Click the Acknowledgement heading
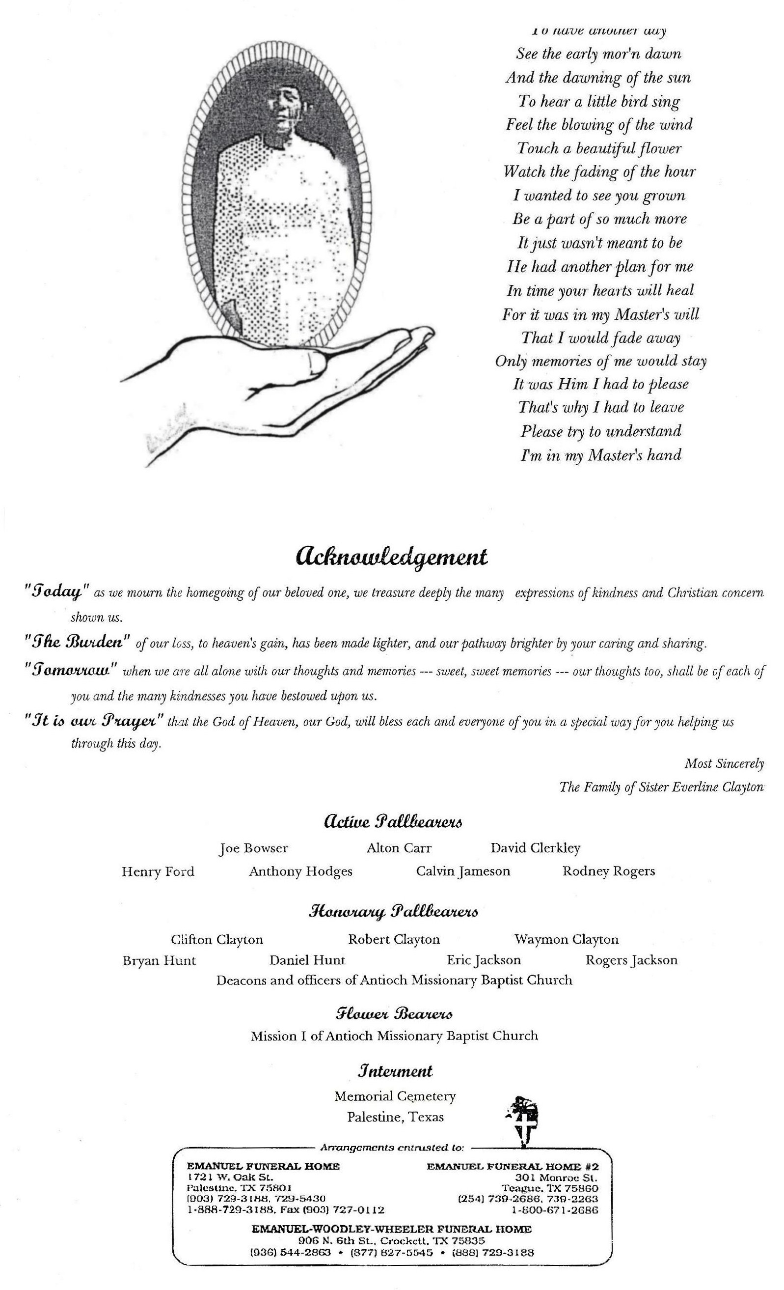point(391,557)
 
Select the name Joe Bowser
point(254,848)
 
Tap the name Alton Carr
point(399,848)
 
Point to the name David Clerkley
point(535,848)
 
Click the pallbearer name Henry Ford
point(158,871)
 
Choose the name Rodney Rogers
point(608,871)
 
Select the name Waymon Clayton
point(567,939)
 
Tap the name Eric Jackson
point(483,960)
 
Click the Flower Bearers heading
point(394,1014)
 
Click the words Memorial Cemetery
point(395,1096)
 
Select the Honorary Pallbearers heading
point(393,912)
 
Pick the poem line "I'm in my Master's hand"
point(601,455)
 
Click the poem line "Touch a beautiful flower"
point(599,149)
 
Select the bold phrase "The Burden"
point(78,643)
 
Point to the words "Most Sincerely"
point(724,764)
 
